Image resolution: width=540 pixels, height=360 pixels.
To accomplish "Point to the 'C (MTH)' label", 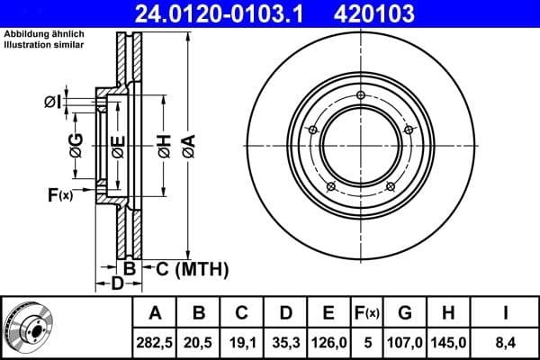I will [x=192, y=269].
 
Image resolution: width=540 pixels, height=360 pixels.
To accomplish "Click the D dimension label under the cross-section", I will [x=116, y=285].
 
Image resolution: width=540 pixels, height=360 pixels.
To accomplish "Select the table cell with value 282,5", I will [x=156, y=342].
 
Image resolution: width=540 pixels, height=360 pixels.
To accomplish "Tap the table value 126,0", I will [x=328, y=342].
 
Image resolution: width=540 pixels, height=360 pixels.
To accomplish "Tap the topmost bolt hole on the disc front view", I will [x=360, y=96].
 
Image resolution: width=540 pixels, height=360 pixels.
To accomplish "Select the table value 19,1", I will [x=242, y=342].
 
